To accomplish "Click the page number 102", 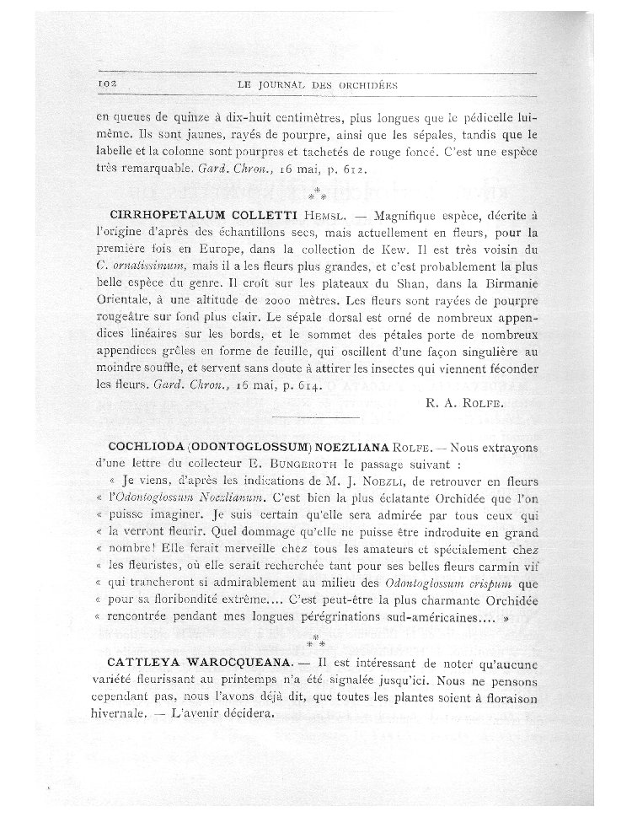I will (x=111, y=85).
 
